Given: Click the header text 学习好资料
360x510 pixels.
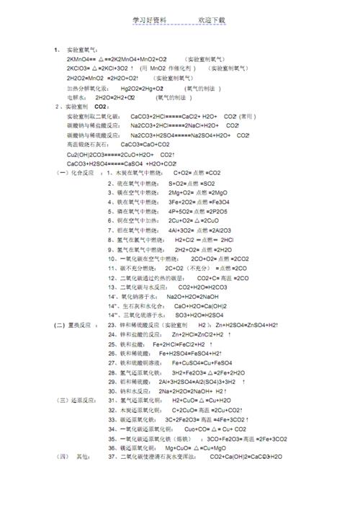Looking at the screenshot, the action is click(x=150, y=20).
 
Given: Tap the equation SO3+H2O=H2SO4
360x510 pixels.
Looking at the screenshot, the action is click(x=199, y=315).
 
